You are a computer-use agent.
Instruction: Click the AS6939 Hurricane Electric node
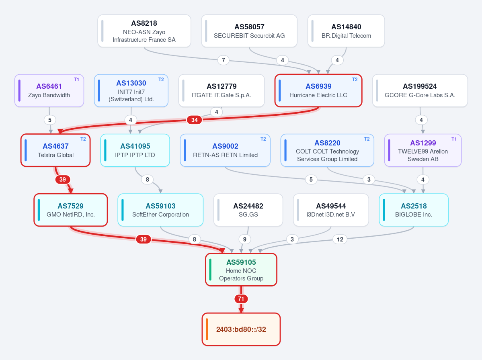click(x=318, y=91)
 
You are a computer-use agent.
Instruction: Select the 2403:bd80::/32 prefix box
click(x=241, y=329)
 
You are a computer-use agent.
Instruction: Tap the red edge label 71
click(x=241, y=299)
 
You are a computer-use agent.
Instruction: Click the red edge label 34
click(x=194, y=120)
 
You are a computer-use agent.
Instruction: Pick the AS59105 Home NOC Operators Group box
click(x=241, y=270)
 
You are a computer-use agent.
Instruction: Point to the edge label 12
click(x=340, y=239)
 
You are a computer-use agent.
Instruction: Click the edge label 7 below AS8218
click(x=224, y=60)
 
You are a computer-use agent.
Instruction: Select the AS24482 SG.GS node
click(x=248, y=210)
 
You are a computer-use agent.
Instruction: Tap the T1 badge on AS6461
click(x=76, y=80)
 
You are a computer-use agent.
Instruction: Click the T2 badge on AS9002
click(x=263, y=139)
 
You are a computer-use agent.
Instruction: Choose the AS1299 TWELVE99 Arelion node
click(x=423, y=150)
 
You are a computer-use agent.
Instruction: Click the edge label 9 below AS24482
click(x=245, y=239)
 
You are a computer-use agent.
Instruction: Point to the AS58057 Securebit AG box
click(x=249, y=31)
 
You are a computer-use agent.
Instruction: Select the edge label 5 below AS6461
click(x=50, y=120)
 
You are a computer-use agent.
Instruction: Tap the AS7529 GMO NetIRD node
click(x=71, y=210)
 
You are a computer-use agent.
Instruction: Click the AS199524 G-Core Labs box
click(x=420, y=91)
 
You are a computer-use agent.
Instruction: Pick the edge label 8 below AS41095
click(x=148, y=179)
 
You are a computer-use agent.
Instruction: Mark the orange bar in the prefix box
click(x=207, y=329)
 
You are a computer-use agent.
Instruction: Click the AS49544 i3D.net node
click(x=331, y=210)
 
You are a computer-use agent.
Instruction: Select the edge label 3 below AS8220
click(x=369, y=179)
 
